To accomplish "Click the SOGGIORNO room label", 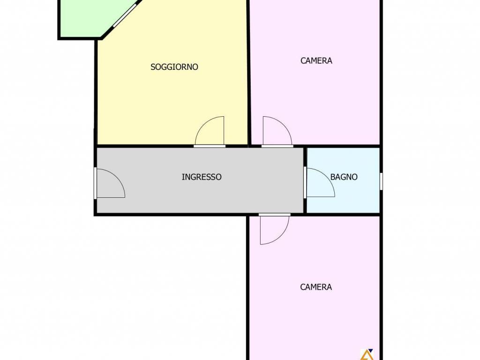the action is point(174,67).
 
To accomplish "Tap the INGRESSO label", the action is point(202,177).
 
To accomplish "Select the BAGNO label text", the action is point(344,177).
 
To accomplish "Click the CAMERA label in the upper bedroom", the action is point(316,60).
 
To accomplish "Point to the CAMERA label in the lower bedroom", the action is point(316,287).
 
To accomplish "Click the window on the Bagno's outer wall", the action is point(381,181).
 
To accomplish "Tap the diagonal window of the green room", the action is point(125,15).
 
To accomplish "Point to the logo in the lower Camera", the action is point(367,354).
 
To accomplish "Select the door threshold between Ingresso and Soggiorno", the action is point(210,146).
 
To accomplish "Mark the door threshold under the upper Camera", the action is point(277,146).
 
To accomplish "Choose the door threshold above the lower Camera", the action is point(275,215).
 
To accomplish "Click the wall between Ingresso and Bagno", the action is point(305,180).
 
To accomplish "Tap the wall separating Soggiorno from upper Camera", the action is point(249,73).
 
